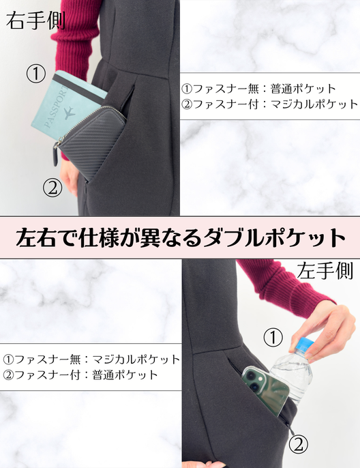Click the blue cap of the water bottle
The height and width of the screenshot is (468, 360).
click(x=304, y=341)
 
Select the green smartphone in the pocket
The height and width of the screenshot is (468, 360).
click(x=267, y=390)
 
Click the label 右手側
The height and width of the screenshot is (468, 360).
click(x=35, y=20)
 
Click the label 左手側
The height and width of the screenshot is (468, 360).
click(x=325, y=272)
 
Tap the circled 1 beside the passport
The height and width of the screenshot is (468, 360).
click(x=35, y=74)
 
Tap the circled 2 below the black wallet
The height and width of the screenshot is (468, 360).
click(x=53, y=186)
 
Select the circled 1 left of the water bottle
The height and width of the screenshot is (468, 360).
click(x=272, y=337)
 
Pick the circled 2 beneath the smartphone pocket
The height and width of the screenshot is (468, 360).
click(x=298, y=446)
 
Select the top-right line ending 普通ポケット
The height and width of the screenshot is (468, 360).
click(x=258, y=89)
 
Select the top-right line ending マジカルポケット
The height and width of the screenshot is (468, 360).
click(x=269, y=104)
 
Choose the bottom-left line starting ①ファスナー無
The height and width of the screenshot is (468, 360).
click(x=91, y=359)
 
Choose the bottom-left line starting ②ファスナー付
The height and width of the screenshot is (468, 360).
click(x=80, y=375)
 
